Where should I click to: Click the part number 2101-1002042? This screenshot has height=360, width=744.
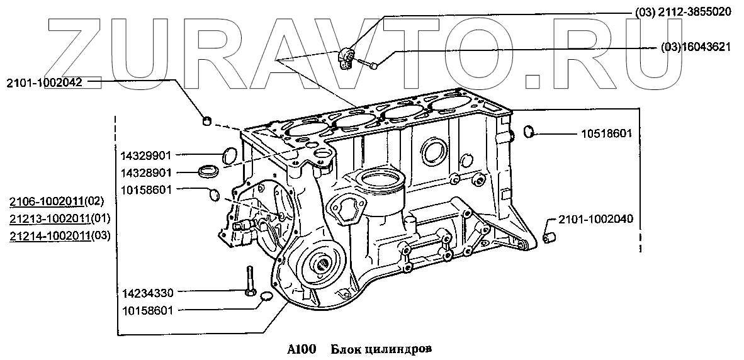click(45, 82)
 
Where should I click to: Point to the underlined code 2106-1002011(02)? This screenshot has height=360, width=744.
click(55, 202)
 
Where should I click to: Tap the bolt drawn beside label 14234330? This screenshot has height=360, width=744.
click(249, 280)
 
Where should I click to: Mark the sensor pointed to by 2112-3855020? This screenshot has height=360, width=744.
click(346, 57)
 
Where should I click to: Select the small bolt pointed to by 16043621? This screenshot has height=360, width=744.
click(371, 64)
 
